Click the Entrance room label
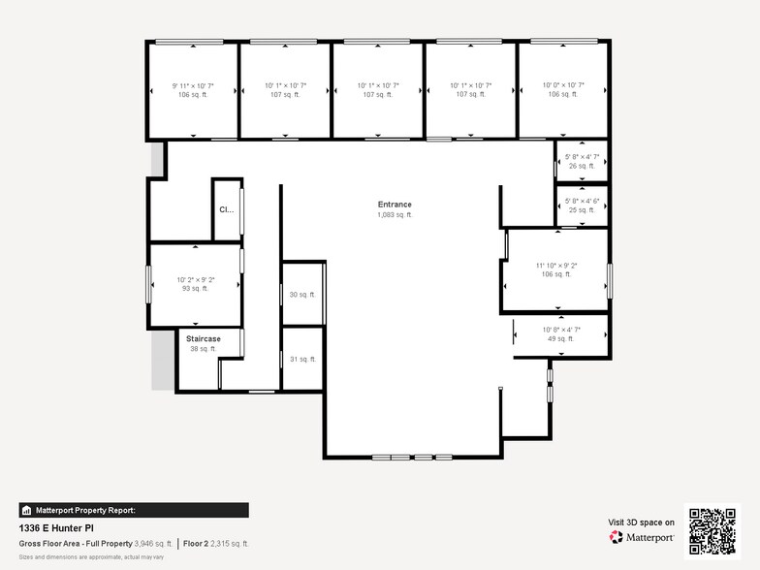[395, 205]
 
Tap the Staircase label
[204, 338]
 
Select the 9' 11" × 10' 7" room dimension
[193, 86]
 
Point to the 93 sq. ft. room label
[195, 289]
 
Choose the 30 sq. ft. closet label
[302, 295]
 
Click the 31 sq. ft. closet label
[302, 359]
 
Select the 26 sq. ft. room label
[583, 166]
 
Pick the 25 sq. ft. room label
[583, 210]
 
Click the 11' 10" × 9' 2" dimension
[556, 265]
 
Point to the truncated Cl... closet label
[226, 209]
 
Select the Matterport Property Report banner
[134, 510]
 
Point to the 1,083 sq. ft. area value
[395, 215]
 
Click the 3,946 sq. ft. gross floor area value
[153, 544]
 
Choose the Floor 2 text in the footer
[198, 544]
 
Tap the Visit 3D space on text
[641, 522]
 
